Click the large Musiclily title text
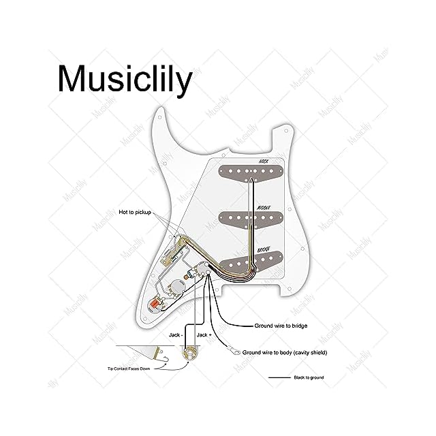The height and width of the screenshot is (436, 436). point(125,79)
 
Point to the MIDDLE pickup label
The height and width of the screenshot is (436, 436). point(263,208)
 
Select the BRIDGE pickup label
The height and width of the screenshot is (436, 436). point(263,251)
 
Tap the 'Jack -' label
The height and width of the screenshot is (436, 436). point(176,336)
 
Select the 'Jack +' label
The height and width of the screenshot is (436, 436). point(204,336)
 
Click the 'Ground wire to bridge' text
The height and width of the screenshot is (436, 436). point(281,326)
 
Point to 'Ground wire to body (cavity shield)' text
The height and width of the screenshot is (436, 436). point(285,353)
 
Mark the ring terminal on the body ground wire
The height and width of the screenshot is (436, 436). point(235,352)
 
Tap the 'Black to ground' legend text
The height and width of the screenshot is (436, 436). point(309,377)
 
